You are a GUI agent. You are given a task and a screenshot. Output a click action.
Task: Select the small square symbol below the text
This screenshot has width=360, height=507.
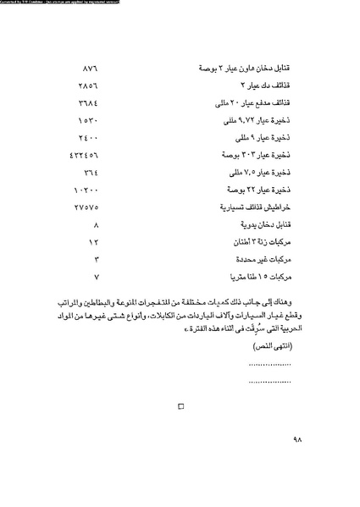pos(180,408)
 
